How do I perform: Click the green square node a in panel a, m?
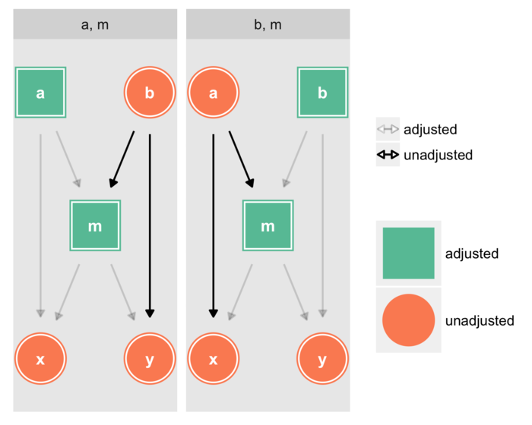[40, 93]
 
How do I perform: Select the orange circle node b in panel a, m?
[149, 93]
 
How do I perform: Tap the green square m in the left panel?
[95, 225]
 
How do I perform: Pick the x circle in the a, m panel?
[40, 358]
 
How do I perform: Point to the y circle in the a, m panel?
[149, 358]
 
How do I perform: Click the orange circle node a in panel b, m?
[213, 93]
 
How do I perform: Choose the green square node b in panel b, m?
[322, 93]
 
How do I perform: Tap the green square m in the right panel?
[268, 225]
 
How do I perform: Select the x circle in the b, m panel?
[213, 358]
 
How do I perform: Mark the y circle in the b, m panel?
[322, 358]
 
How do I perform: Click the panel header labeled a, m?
[95, 24]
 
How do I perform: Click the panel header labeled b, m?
[268, 24]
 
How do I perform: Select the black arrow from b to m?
[122, 159]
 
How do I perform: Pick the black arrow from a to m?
[240, 159]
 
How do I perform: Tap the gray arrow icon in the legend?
[388, 129]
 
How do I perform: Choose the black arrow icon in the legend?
[388, 155]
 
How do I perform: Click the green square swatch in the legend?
[408, 253]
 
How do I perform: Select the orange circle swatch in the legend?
[408, 320]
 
